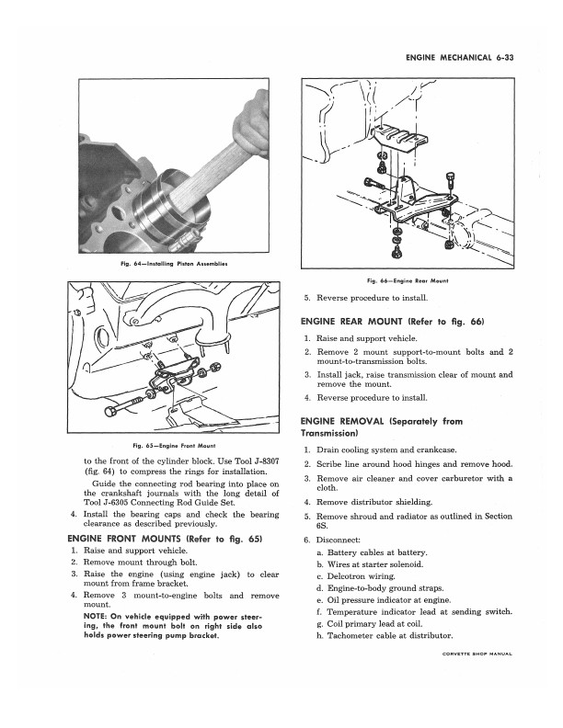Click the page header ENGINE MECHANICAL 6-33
pyautogui.click(x=458, y=58)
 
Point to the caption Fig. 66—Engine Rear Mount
pyautogui.click(x=407, y=279)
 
